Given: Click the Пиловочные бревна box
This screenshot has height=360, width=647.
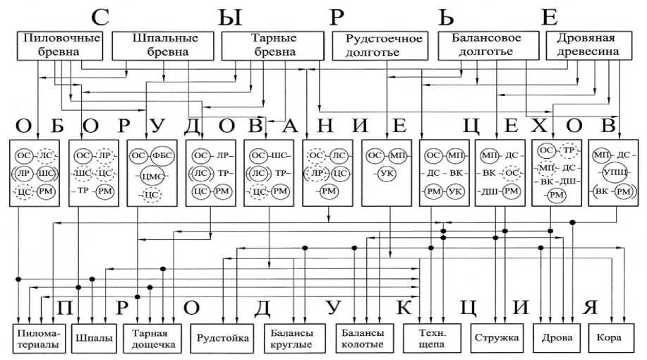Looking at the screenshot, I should pos(59,45).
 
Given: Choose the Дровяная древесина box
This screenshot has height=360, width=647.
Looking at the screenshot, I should pos(588,45).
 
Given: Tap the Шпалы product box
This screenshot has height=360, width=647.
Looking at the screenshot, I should pos(94,338).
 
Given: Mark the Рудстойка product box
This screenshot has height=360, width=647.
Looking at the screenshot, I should pos(223,338).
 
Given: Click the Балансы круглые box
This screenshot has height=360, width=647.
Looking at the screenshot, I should pos(292,338).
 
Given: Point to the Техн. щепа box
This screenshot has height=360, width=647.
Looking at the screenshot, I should pos(432,338).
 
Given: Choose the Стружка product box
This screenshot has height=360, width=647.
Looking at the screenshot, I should pos(497,338).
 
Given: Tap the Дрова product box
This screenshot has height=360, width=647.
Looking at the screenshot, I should pos(555,338).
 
